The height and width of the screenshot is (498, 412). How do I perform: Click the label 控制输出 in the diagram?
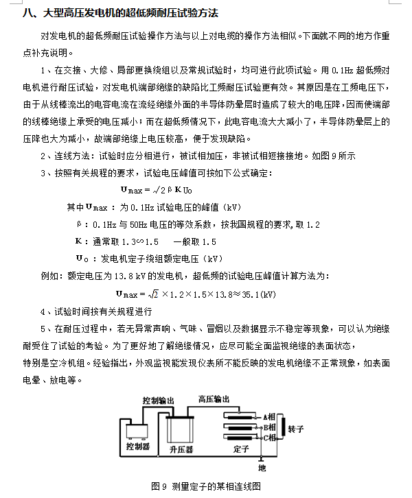point(159,399)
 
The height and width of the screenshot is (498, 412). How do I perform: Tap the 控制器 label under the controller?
point(137,447)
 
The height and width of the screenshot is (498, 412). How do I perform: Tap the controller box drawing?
point(137,430)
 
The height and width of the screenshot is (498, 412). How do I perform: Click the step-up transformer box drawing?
point(183,429)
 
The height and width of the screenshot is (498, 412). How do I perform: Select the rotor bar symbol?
point(279,427)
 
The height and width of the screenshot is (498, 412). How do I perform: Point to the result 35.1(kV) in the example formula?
point(258,294)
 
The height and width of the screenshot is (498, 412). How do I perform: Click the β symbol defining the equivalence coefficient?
point(78,224)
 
